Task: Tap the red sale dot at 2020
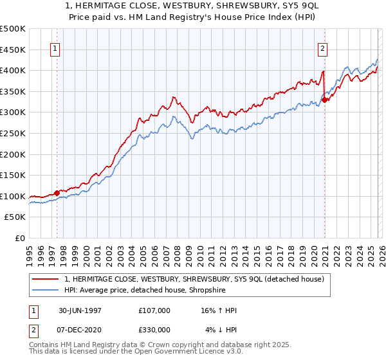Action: click(325, 100)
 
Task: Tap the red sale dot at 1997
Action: click(57, 192)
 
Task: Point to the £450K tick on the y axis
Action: click(13, 50)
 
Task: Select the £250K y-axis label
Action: click(13, 134)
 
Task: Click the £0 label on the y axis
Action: click(19, 239)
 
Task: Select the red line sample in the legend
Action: click(46, 279)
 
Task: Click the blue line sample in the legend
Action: click(46, 290)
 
